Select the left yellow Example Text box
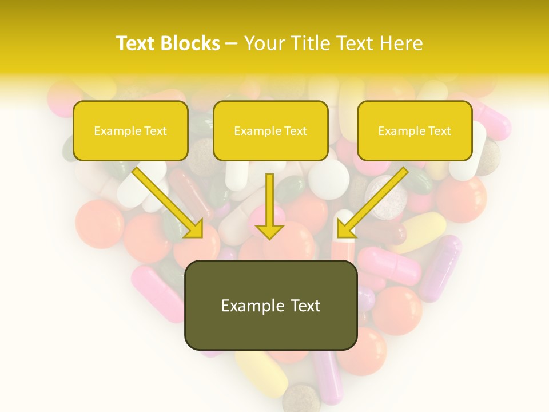[x=130, y=130]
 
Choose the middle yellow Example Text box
[x=270, y=130]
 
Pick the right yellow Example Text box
[x=415, y=130]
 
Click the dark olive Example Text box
[x=270, y=305]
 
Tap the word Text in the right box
[x=439, y=131]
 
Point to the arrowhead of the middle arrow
[x=269, y=231]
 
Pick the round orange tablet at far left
[x=99, y=224]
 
